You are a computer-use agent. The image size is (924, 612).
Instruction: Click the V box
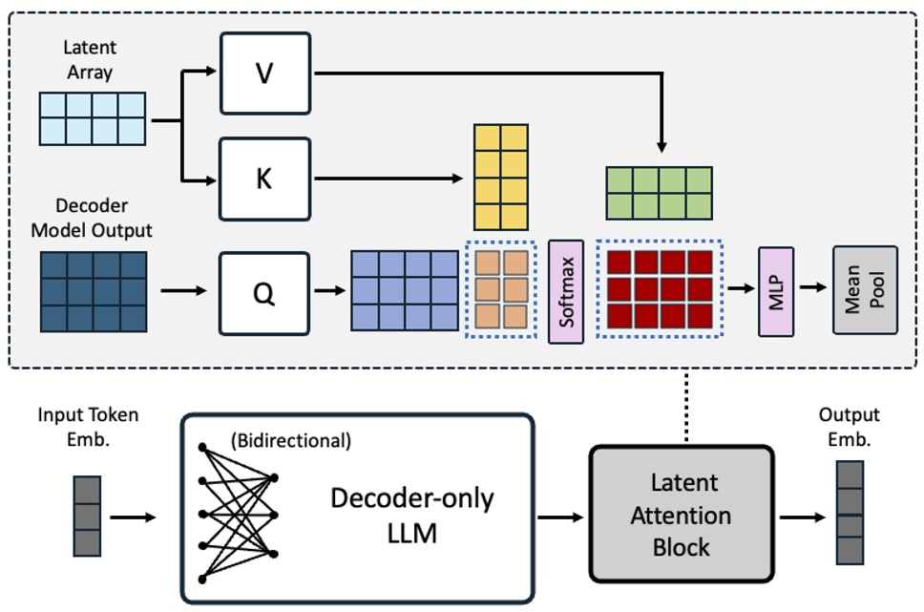(264, 73)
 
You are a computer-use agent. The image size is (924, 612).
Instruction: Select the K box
(264, 179)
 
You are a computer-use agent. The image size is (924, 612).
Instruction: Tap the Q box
(264, 294)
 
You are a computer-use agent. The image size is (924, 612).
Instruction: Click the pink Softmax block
(566, 291)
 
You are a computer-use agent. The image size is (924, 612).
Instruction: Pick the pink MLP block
(776, 291)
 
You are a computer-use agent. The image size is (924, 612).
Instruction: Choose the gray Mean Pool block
(865, 290)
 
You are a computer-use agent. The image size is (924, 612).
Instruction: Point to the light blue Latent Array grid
(93, 118)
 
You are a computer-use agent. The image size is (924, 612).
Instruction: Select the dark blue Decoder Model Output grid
(93, 291)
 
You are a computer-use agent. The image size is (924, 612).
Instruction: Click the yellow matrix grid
(500, 177)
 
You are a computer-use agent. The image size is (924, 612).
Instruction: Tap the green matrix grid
(659, 193)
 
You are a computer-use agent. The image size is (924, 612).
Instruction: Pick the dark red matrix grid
(659, 290)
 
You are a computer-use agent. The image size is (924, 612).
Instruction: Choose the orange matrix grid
(501, 290)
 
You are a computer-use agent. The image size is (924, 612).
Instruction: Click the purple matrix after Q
(405, 290)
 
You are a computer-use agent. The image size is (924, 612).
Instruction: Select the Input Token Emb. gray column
(86, 517)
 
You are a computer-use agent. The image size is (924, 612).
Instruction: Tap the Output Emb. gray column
(849, 512)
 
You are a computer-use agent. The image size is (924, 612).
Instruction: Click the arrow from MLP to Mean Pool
(813, 287)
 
